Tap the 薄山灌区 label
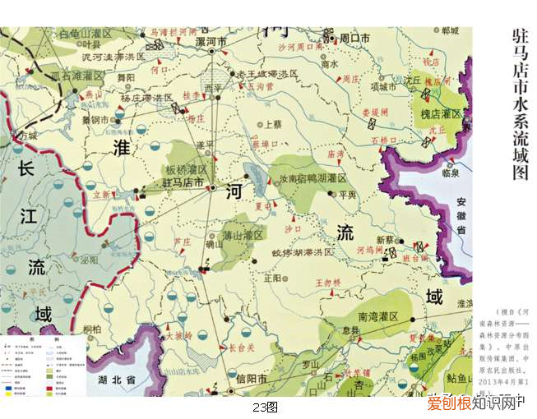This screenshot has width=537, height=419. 244,235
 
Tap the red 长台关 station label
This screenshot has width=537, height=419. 242,348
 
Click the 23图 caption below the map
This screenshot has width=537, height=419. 266,407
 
